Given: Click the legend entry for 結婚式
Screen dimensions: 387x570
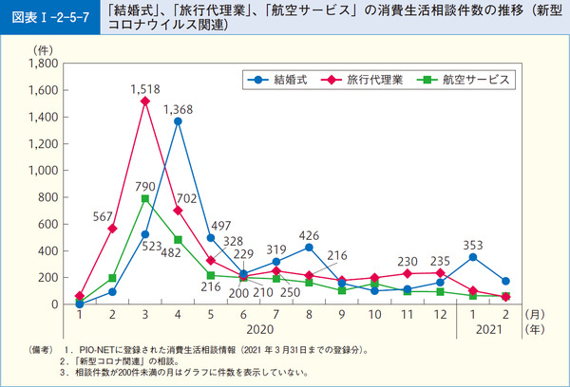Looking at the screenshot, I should [x=275, y=80].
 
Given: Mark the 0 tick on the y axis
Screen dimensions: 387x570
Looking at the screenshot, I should [x=54, y=304].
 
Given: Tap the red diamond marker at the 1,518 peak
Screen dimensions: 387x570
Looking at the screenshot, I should [x=144, y=101].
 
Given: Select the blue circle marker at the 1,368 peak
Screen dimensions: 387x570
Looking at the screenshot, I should [x=178, y=121].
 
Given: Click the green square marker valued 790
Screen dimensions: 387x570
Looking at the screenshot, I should [x=144, y=198].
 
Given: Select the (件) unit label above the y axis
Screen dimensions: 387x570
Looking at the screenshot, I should [x=45, y=47].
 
